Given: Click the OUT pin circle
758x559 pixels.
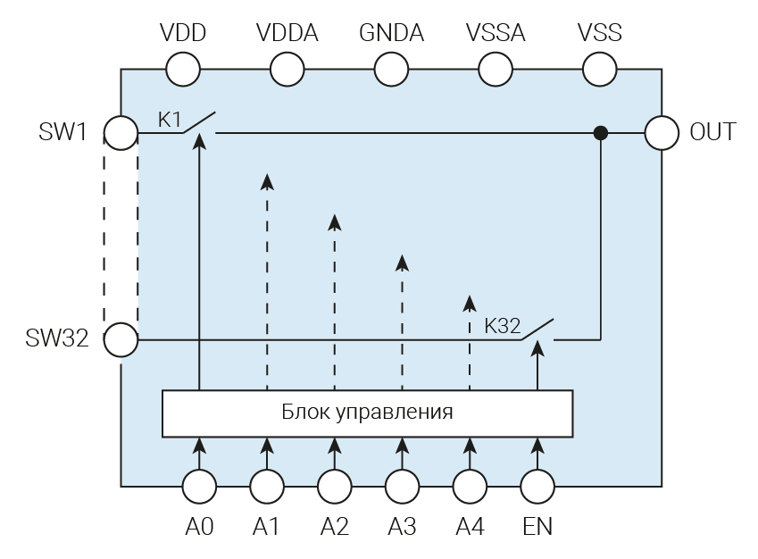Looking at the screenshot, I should pos(662,133).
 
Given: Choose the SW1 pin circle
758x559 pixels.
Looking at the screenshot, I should pos(121,133).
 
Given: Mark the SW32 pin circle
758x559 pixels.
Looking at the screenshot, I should pos(121,339).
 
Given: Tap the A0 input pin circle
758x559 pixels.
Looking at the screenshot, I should pos(199,487).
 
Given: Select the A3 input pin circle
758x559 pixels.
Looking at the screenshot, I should pos(402,487).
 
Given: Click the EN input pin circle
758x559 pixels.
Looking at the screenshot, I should pos(537,487).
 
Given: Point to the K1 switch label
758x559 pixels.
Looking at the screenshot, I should pos(170,120).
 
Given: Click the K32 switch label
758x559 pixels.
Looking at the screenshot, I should pos(502,326).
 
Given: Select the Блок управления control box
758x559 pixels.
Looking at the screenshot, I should pos(367,413).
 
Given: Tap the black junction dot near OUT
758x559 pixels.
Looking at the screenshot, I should pos(601,133).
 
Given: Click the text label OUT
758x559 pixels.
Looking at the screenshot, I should pos(712,133).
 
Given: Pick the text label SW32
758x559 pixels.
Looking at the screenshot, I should pos(57,339).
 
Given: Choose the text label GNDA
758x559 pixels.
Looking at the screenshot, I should pos(392,34).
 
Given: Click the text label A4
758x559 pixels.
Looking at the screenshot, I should pos(470,527).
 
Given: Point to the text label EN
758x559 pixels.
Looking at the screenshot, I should pos(537,527).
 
